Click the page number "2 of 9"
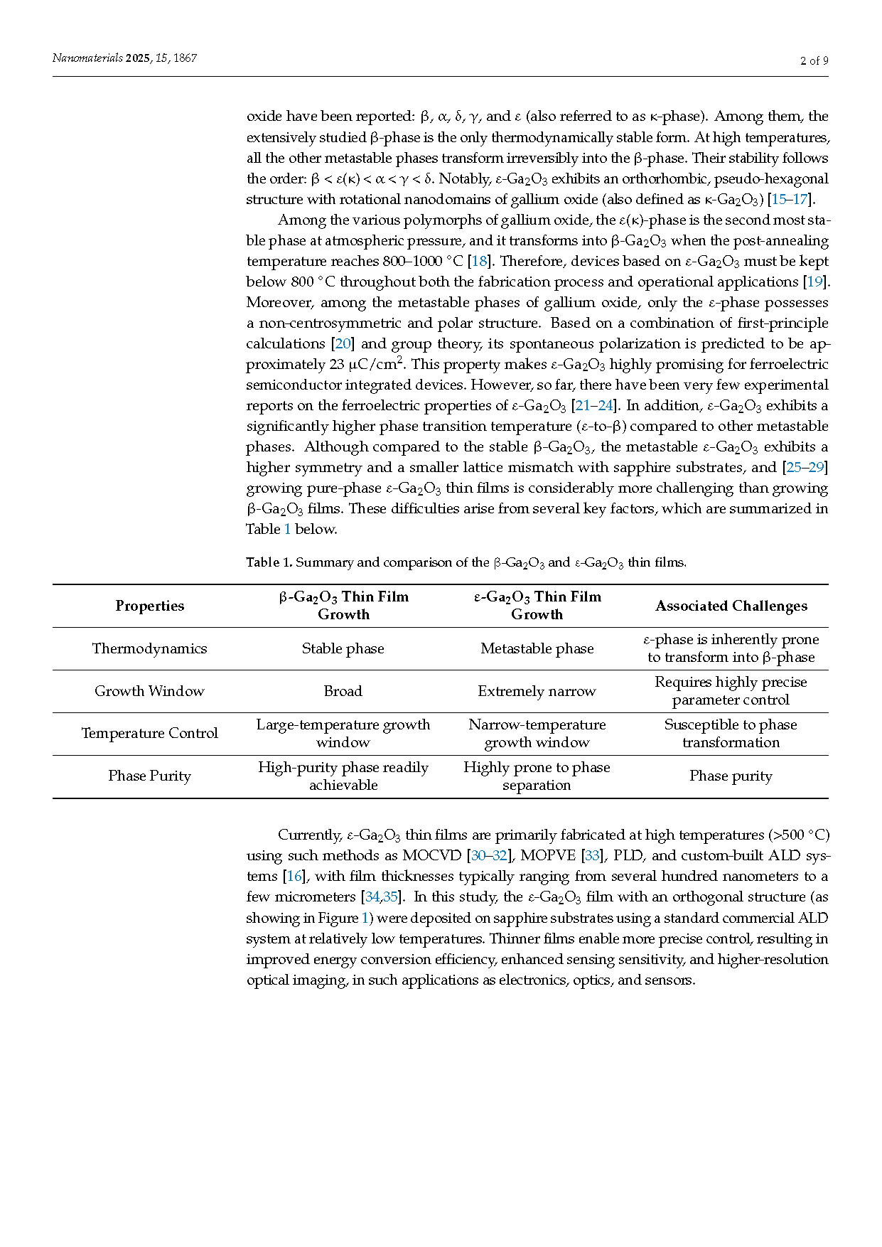[x=814, y=60]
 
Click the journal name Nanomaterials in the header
[x=87, y=58]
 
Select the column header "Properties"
[x=149, y=606]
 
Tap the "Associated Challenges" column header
[x=731, y=606]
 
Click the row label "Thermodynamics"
[x=149, y=648]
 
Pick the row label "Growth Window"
[x=149, y=691]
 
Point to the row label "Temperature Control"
[x=149, y=733]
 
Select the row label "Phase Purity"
[x=149, y=776]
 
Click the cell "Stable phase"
[x=343, y=648]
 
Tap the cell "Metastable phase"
[x=537, y=648]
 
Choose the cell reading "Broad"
[x=343, y=691]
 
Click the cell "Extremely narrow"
[x=537, y=691]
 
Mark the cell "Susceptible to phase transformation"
[x=731, y=733]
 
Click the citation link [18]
[x=479, y=261]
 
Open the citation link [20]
[x=343, y=343]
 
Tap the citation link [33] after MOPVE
[x=592, y=855]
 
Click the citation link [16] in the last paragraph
[x=294, y=876]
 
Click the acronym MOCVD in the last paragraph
[x=431, y=855]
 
